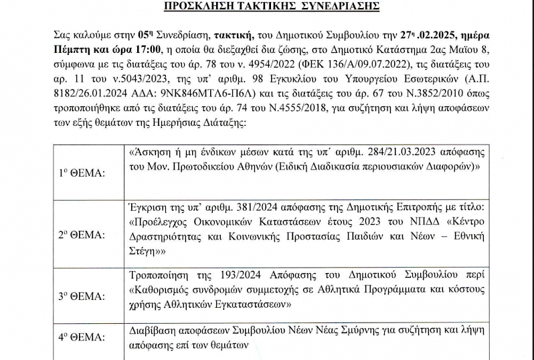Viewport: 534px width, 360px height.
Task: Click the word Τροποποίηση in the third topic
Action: coord(156,274)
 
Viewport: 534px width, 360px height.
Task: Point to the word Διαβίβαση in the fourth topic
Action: coord(150,330)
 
